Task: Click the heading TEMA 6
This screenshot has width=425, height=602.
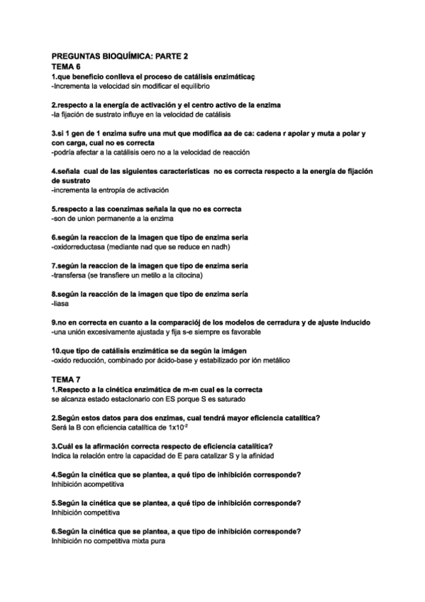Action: pyautogui.click(x=66, y=65)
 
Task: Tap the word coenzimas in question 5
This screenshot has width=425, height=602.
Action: pyautogui.click(x=119, y=209)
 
